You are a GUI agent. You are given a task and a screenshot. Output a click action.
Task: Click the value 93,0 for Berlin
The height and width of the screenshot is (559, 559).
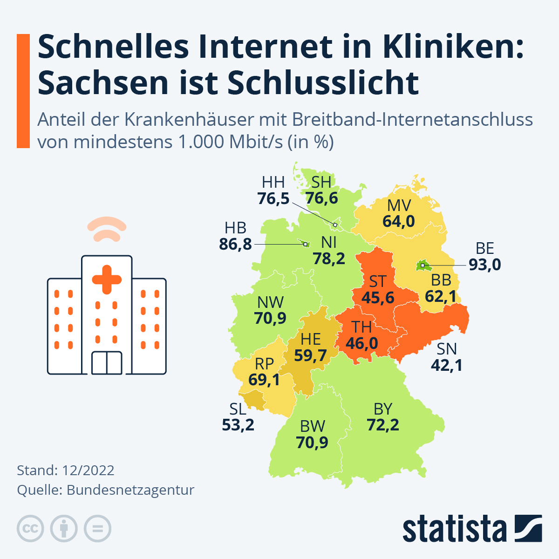pyautogui.click(x=484, y=265)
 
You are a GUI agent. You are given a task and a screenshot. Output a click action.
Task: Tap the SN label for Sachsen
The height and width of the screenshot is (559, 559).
pyautogui.click(x=446, y=349)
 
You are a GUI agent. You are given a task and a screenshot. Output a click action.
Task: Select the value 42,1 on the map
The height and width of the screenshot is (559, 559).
pyautogui.click(x=446, y=365)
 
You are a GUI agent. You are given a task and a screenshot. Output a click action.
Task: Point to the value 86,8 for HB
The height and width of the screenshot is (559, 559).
pyautogui.click(x=235, y=244)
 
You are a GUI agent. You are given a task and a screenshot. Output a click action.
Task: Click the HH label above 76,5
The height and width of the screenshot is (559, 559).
pyautogui.click(x=273, y=182)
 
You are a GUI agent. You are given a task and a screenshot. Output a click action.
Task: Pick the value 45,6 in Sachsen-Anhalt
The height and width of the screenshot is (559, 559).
pyautogui.click(x=378, y=298)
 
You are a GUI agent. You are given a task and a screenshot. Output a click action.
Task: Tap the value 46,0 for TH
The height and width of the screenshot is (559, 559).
pyautogui.click(x=361, y=344)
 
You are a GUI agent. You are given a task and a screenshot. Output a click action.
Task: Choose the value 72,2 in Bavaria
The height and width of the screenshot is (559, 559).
pyautogui.click(x=382, y=425)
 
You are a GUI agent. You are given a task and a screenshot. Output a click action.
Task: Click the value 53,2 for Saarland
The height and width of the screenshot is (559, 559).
pyautogui.click(x=238, y=425)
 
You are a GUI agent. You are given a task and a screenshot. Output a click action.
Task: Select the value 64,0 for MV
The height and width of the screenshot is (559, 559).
pyautogui.click(x=399, y=221)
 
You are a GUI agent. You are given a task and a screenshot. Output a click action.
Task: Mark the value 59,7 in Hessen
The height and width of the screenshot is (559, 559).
pyautogui.click(x=310, y=355)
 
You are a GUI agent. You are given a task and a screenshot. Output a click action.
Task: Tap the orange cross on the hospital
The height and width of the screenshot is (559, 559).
pyautogui.click(x=107, y=279)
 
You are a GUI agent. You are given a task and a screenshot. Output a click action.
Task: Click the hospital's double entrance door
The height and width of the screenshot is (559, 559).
pyautogui.click(x=107, y=363)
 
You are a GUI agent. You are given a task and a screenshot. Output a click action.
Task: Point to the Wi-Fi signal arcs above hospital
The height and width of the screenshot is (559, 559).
pyautogui.click(x=107, y=229)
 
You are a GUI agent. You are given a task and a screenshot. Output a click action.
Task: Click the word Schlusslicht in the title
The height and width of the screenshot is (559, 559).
pyautogui.click(x=323, y=83)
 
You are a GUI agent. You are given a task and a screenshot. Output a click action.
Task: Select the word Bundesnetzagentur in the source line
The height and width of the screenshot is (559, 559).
pyautogui.click(x=130, y=490)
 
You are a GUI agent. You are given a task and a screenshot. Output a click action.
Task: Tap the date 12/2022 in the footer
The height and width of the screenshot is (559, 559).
pyautogui.click(x=88, y=470)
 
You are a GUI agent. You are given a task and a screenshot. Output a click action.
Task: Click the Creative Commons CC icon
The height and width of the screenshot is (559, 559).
pyautogui.click(x=30, y=529)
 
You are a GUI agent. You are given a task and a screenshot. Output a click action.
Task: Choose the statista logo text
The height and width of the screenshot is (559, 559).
pyautogui.click(x=454, y=529)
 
